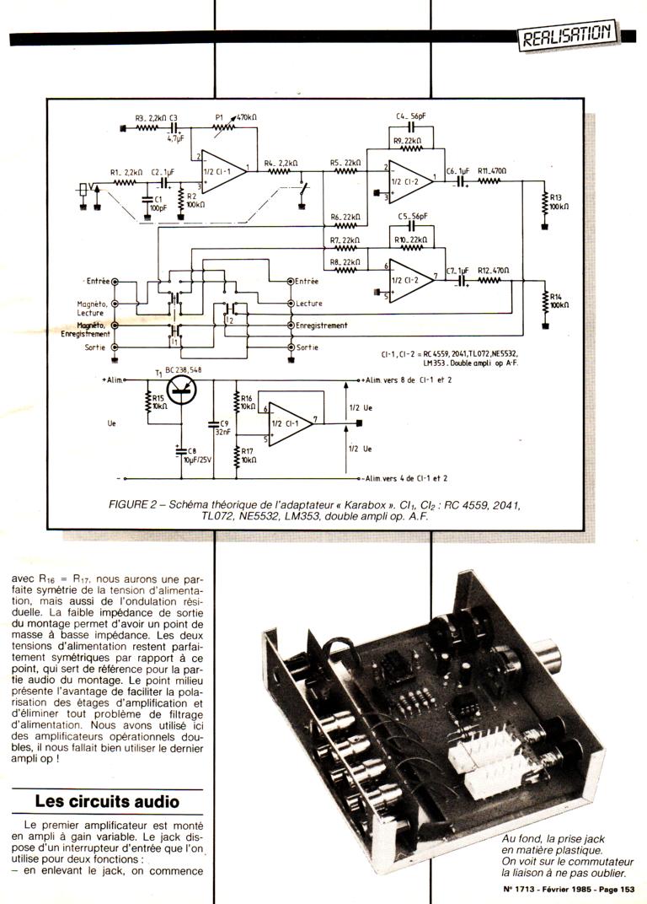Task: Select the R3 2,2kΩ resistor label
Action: pyautogui.click(x=150, y=119)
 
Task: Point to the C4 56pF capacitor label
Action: pyautogui.click(x=410, y=116)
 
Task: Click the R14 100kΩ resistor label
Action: pyautogui.click(x=559, y=300)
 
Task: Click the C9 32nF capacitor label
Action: pyautogui.click(x=223, y=428)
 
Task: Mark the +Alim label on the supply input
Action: pyautogui.click(x=111, y=380)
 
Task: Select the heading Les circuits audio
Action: pyautogui.click(x=107, y=801)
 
